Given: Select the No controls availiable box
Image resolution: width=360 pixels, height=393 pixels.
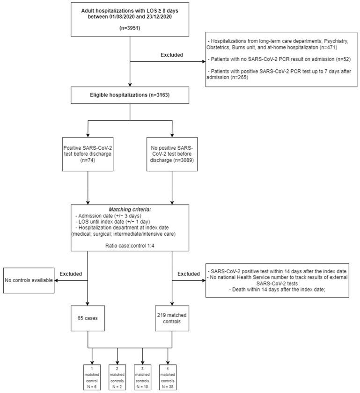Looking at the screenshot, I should click(27, 280).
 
